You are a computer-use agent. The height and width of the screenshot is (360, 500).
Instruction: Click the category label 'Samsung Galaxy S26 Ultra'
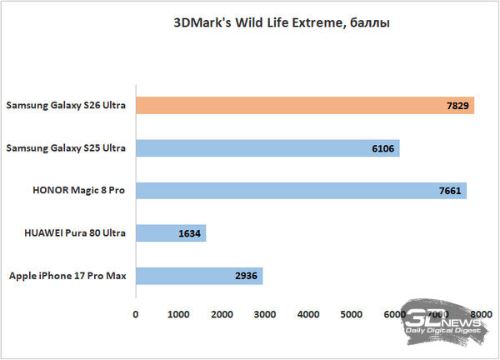66,106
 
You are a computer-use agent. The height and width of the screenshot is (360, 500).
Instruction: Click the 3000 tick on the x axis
265,315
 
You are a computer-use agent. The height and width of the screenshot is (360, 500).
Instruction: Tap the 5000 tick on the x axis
352,315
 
